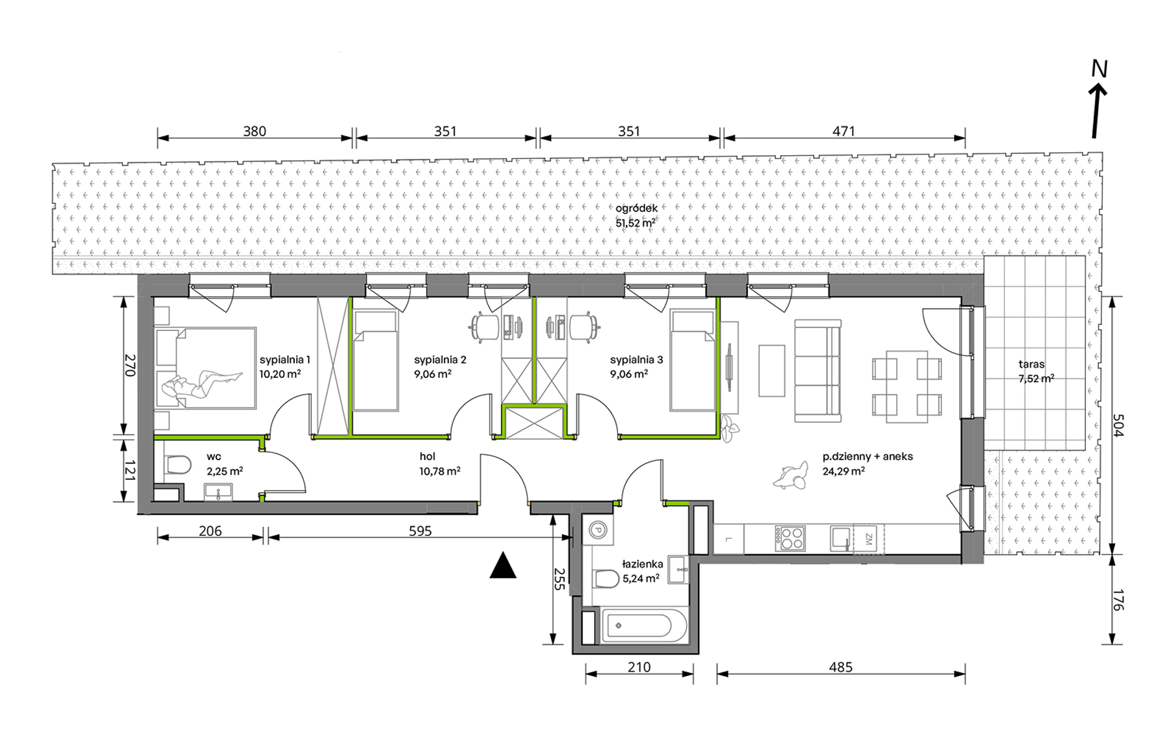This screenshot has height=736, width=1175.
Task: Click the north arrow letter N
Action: click(1099, 69)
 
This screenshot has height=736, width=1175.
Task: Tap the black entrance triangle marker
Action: click(503, 565)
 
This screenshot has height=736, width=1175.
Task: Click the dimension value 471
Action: click(844, 131)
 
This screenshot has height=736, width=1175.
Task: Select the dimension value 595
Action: click(420, 531)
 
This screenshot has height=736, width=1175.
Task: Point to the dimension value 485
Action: click(840, 667)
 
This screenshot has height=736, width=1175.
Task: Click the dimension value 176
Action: click(1117, 599)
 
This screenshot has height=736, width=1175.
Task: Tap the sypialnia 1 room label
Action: click(284, 359)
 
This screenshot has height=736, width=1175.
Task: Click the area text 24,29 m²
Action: click(844, 471)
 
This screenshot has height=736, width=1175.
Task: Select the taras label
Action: click(1032, 364)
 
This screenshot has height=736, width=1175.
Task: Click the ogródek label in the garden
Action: click(636, 208)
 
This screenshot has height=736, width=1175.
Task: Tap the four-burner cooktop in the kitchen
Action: click(790, 538)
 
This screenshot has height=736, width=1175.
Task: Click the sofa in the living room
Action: click(818, 370)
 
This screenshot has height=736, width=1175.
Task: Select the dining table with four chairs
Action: click(907, 387)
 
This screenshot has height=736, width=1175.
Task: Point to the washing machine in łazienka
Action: click(597, 529)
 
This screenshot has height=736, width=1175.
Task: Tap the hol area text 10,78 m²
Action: click(440, 471)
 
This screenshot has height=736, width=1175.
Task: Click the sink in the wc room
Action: click(218, 492)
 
